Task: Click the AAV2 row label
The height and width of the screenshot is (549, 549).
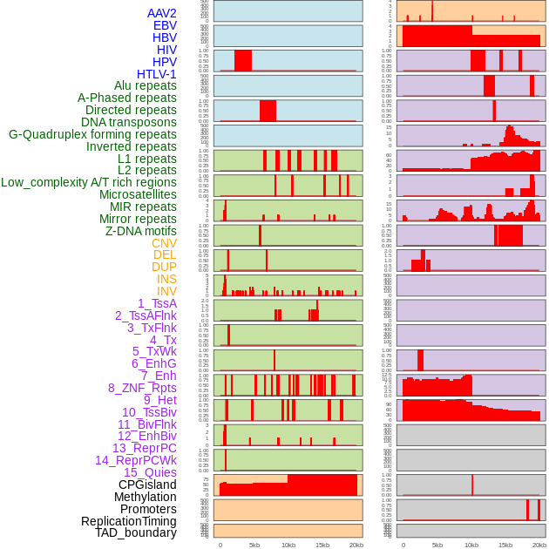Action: coord(162,13)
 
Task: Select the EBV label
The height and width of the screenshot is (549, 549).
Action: coord(165,25)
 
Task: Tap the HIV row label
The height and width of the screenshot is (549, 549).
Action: coord(166,50)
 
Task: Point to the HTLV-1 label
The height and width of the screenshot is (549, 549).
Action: coord(157,74)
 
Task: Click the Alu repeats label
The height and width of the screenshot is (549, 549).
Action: coord(146,85)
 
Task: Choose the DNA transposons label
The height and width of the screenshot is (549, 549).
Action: coord(129,122)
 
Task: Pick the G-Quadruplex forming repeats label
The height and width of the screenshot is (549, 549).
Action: coord(92,134)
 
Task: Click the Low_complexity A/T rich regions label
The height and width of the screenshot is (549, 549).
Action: coord(89,182)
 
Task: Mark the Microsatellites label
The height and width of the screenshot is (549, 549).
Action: coord(138,194)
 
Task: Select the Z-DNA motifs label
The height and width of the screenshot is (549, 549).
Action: coord(141,231)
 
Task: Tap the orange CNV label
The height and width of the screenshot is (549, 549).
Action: coord(164,243)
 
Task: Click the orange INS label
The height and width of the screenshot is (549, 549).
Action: coord(166,279)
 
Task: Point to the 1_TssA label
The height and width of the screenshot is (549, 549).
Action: coord(157,303)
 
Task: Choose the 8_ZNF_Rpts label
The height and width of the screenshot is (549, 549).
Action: coord(142,388)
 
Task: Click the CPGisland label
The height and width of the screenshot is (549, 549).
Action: coord(147,485)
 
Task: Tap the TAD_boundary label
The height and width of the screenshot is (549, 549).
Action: coord(136,532)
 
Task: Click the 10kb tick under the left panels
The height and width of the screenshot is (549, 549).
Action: coord(288,545)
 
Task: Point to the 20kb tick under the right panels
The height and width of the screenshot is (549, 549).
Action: coord(539,545)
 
